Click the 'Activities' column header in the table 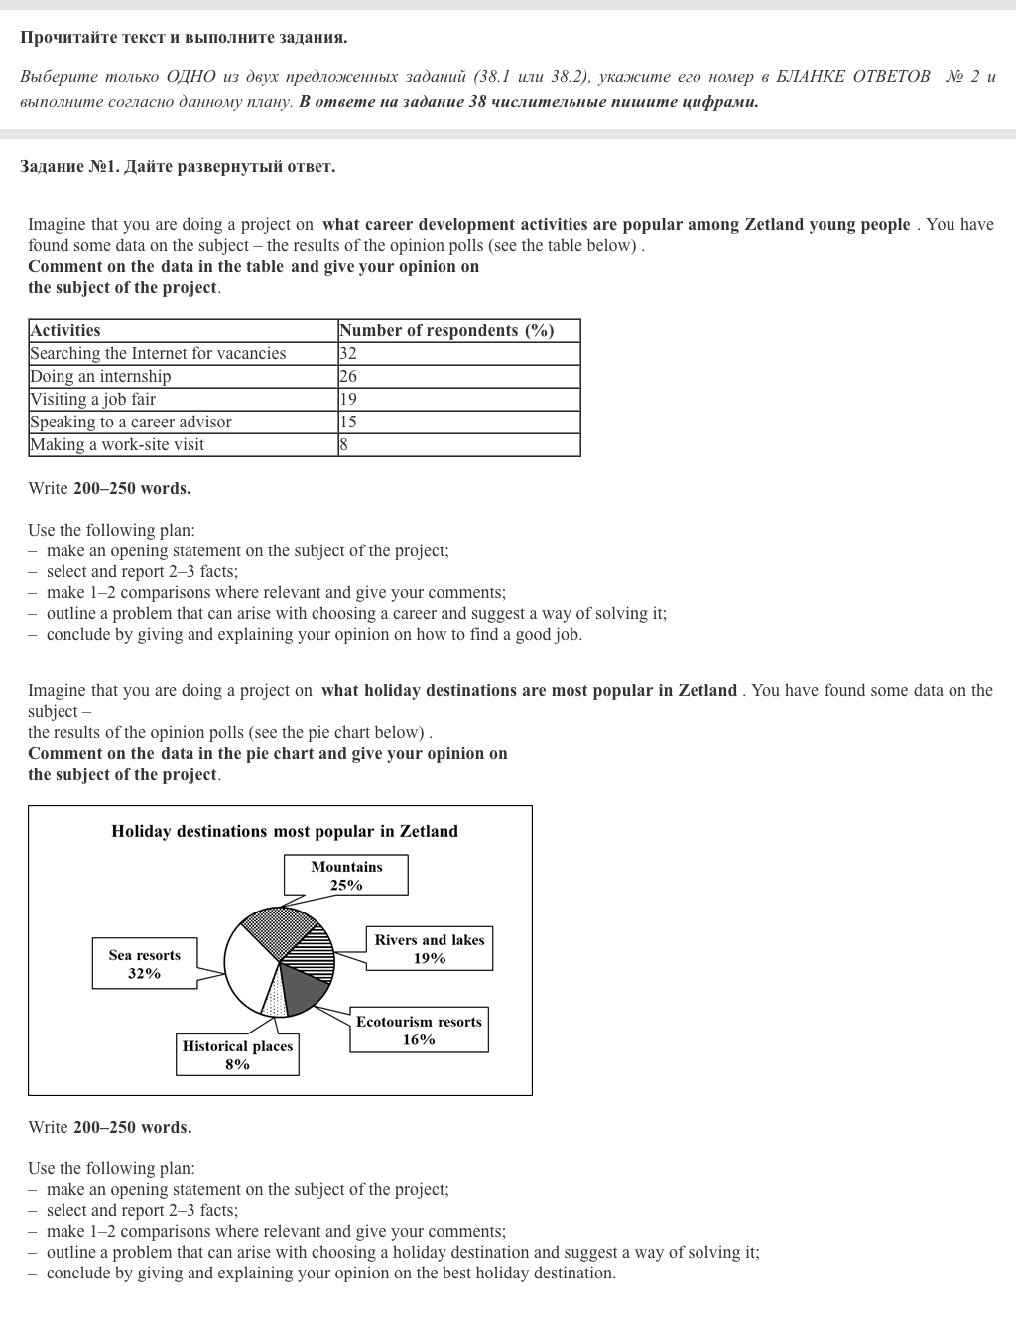[x=65, y=330]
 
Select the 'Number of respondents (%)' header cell [x=445, y=330]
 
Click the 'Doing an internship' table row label [x=100, y=376]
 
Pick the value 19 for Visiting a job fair [x=348, y=399]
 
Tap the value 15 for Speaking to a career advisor [x=348, y=422]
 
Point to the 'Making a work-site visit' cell [x=117, y=444]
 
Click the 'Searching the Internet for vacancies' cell [x=158, y=353]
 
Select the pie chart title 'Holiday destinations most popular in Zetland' [x=285, y=831]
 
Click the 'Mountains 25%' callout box [x=345, y=875]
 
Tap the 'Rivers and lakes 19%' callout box [x=429, y=949]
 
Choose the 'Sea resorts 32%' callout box [x=145, y=964]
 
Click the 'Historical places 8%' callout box [x=237, y=1055]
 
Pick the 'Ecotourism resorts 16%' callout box [x=419, y=1031]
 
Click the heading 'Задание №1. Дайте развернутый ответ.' [x=178, y=166]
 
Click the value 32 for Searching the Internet [x=348, y=353]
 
